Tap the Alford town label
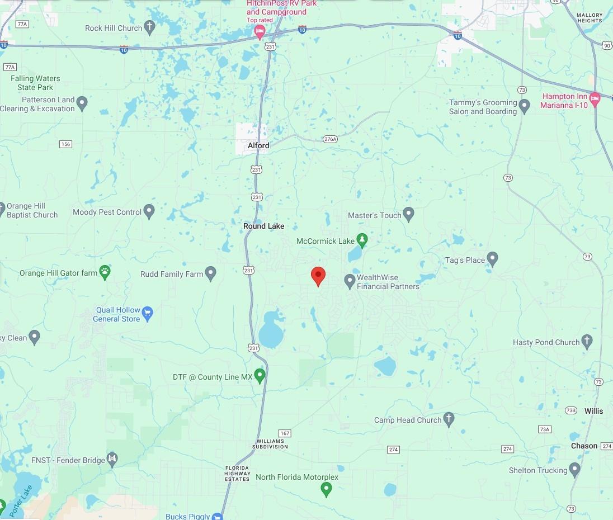(258, 145)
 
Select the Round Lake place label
(263, 226)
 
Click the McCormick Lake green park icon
(362, 240)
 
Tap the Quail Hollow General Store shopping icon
(148, 313)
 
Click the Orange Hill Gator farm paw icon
(105, 272)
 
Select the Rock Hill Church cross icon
(149, 27)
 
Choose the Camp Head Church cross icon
(449, 419)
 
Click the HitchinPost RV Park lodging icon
(260, 32)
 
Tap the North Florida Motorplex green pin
(327, 490)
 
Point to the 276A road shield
(330, 139)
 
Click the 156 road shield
(65, 144)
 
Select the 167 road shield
(285, 433)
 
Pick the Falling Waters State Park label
(35, 83)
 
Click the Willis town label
(593, 411)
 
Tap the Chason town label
(584, 446)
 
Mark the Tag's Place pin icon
(492, 259)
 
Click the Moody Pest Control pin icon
(149, 211)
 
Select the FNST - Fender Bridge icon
(112, 460)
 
